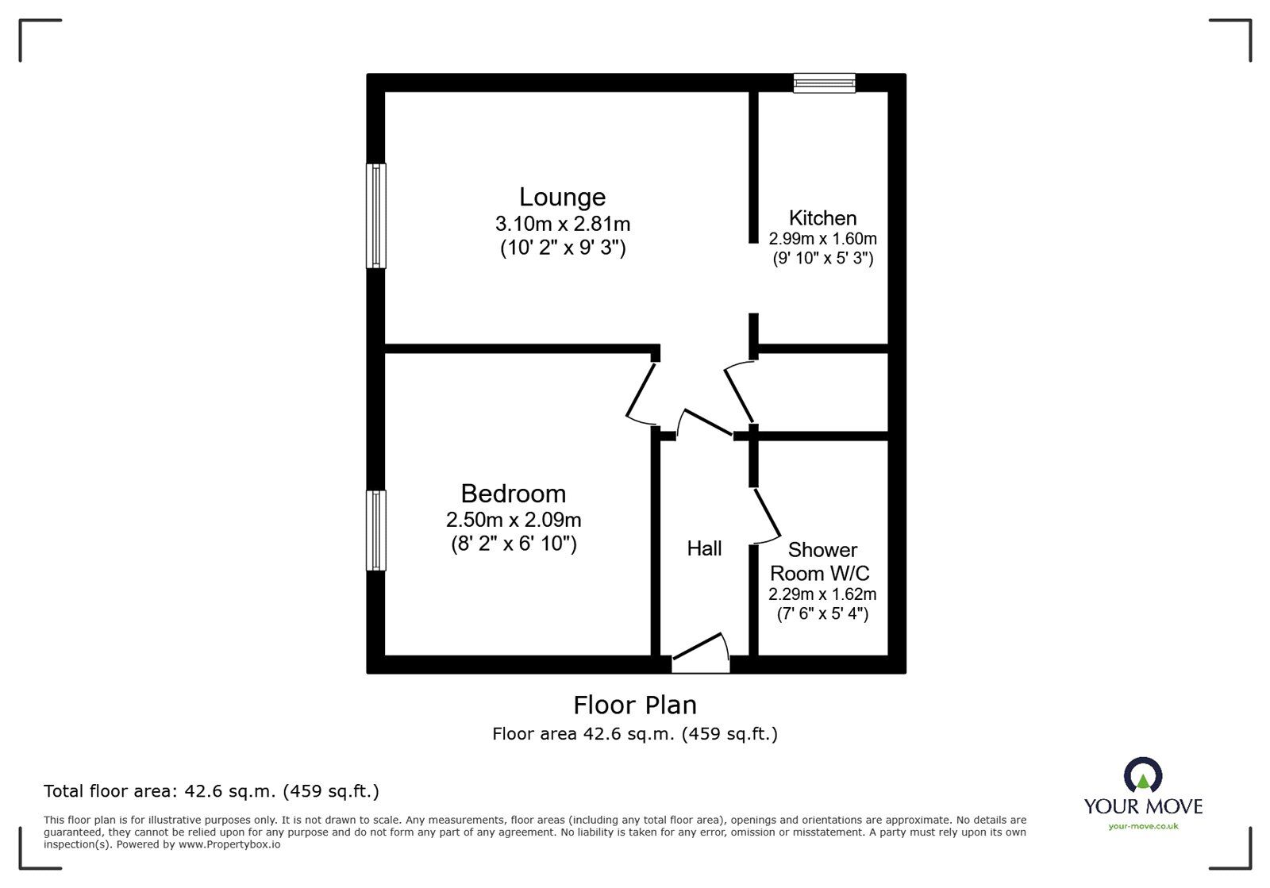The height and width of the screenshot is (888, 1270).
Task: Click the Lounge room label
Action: click(562, 197)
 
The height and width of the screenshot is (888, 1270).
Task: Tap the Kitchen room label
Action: click(822, 217)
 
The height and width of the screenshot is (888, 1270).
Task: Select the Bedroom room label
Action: click(513, 494)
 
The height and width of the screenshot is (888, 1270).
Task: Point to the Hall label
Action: click(704, 548)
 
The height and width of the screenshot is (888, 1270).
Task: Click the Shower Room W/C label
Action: click(822, 561)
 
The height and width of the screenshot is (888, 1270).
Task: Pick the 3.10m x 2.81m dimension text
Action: click(562, 224)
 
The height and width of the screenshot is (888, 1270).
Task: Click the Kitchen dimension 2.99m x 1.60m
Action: click(822, 238)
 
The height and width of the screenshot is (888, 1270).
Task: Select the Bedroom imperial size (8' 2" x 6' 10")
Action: click(513, 544)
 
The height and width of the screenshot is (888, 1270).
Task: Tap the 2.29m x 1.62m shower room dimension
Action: click(822, 594)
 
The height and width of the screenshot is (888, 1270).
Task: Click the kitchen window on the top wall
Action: click(825, 83)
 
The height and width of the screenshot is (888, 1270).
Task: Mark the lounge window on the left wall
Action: click(375, 216)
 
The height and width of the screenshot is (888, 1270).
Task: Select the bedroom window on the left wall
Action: click(375, 530)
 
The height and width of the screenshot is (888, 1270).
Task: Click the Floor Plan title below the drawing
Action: click(635, 705)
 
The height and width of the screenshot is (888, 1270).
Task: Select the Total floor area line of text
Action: click(211, 791)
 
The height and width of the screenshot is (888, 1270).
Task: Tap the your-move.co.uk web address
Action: click(1143, 826)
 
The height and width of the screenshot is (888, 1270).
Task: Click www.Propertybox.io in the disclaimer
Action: click(229, 844)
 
